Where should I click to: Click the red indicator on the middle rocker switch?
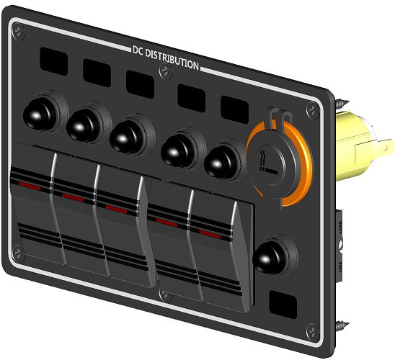115,208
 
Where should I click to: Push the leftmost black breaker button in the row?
37,112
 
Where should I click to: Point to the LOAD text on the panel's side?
339,230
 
